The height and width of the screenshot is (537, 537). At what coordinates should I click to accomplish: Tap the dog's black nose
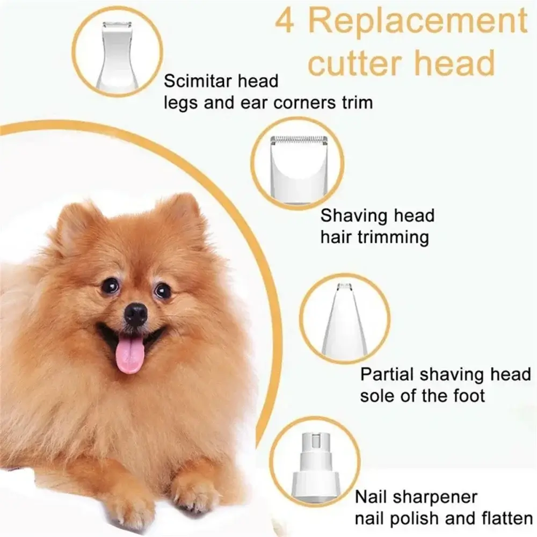point(136,314)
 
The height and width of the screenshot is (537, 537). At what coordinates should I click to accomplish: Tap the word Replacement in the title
point(418,21)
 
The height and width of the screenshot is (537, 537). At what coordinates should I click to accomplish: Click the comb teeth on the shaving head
point(299,140)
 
